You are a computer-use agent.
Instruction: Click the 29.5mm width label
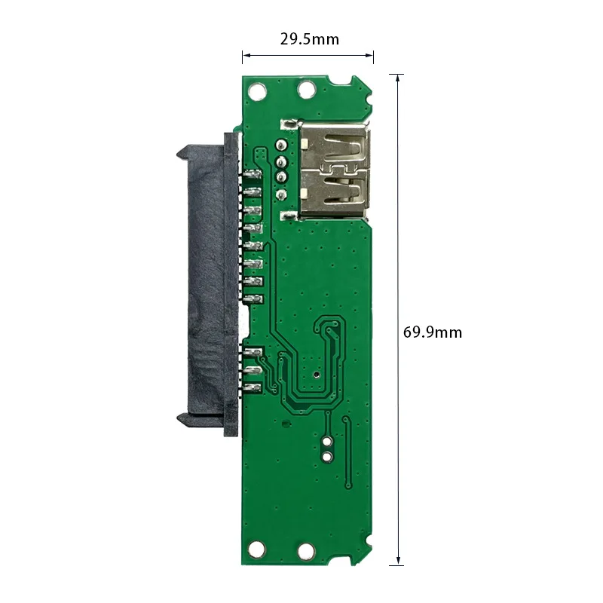309,39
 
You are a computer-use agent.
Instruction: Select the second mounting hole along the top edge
307,90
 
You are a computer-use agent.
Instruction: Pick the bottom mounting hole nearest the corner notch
307,552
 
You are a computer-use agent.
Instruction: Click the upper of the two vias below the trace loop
328,441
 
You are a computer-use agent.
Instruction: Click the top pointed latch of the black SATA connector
183,150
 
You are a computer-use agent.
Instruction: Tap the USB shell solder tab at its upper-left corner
289,124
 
